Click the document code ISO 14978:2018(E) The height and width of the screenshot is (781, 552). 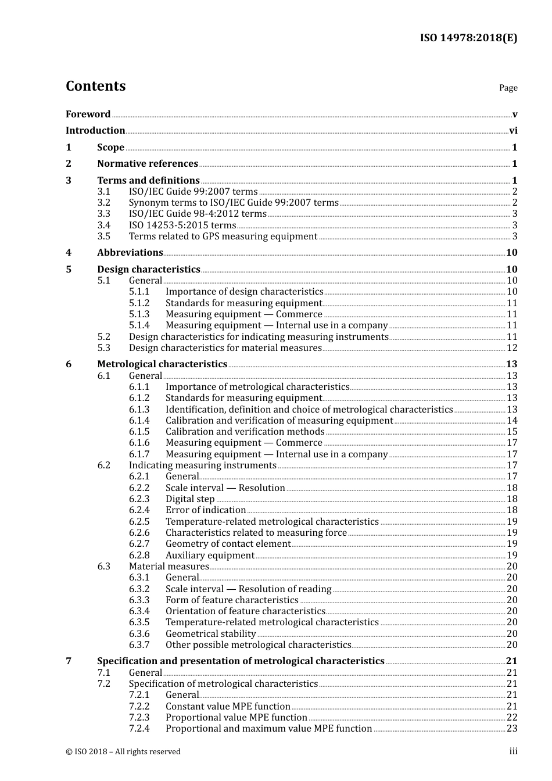[468, 38]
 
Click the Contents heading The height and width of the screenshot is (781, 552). [95, 86]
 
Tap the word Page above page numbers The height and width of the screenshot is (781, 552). [508, 88]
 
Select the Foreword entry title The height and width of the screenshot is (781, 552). [88, 114]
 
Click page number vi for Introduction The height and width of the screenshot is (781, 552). [513, 131]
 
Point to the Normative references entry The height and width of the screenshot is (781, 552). [148, 164]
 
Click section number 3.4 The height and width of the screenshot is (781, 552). [103, 225]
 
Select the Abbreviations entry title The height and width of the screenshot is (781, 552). [130, 253]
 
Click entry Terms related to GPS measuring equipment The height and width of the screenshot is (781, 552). [223, 237]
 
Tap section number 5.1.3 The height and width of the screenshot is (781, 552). [139, 314]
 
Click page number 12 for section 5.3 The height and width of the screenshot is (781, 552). [512, 348]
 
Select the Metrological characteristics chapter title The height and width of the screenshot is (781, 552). [162, 364]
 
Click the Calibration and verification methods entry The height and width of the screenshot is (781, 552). [245, 432]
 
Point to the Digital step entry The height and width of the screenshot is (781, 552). [190, 499]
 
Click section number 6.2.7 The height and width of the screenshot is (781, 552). [139, 544]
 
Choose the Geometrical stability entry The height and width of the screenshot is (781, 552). [210, 634]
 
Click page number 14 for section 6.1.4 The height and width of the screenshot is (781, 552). [512, 421]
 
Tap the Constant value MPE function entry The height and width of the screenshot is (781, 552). [228, 707]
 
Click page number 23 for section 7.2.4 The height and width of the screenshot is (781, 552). [512, 729]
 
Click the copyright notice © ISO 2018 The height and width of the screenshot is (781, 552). [123, 752]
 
